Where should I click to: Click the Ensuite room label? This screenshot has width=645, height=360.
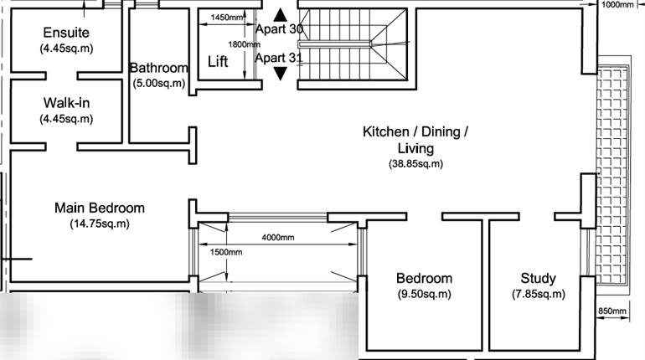click(66, 33)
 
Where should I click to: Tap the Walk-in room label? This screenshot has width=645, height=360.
click(66, 103)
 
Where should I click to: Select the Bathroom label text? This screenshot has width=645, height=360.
click(159, 68)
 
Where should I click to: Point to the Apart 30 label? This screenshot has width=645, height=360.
click(279, 29)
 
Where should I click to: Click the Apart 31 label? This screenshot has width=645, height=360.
click(279, 58)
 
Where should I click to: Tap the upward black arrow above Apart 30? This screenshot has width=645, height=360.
click(280, 14)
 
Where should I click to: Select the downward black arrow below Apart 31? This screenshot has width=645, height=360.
click(280, 74)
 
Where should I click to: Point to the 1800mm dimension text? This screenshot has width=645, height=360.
click(243, 44)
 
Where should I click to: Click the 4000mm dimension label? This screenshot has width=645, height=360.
click(278, 237)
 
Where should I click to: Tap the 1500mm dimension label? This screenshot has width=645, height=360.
click(225, 252)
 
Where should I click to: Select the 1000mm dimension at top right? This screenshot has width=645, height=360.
click(619, 4)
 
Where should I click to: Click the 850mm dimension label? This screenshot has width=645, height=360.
click(612, 311)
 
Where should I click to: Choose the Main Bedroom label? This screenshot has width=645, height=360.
click(100, 208)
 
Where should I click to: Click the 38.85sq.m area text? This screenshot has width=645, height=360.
click(415, 164)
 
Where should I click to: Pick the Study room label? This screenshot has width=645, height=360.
click(538, 278)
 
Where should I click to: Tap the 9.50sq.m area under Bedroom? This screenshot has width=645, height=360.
click(424, 294)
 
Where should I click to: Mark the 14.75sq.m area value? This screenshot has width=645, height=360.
click(100, 224)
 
